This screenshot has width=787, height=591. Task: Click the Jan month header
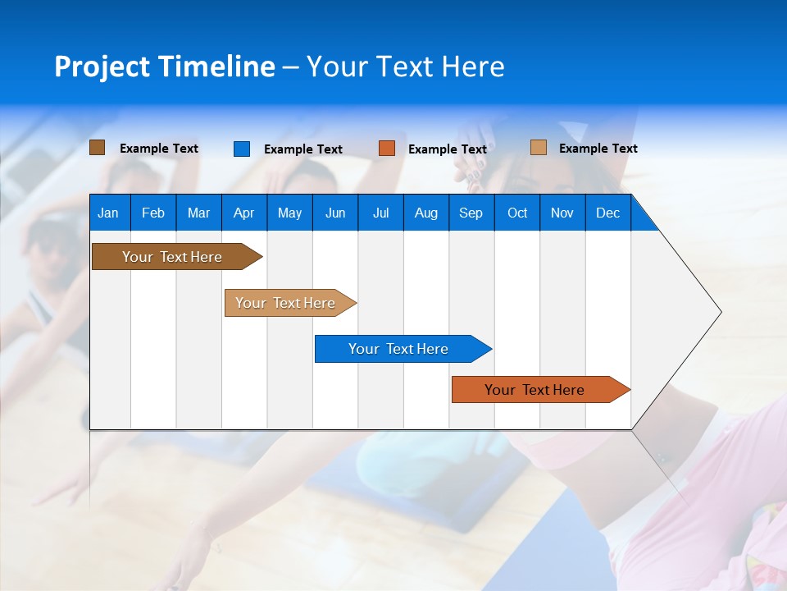point(108,213)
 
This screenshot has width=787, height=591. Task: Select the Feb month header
point(153,213)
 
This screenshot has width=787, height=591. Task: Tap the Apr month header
point(243,213)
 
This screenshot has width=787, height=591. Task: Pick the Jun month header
point(335,213)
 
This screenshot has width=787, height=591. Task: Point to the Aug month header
point(426,213)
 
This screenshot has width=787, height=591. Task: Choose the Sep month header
point(471,213)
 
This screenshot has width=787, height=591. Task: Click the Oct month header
point(517,213)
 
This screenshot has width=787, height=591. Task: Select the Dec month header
point(607,213)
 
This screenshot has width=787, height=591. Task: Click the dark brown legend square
point(97,148)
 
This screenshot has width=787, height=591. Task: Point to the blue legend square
point(241,149)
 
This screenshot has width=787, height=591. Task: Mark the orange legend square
point(387,149)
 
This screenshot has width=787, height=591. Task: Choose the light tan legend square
point(539,148)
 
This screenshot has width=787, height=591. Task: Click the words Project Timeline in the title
point(164,66)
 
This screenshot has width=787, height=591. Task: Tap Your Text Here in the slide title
point(405,66)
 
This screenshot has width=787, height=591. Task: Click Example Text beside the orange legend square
point(447,149)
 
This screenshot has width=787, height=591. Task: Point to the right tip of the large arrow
point(720,312)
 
